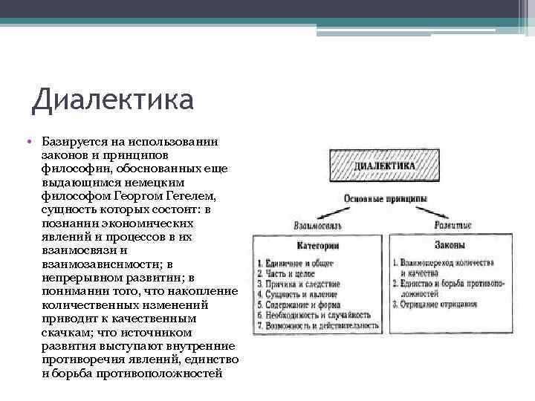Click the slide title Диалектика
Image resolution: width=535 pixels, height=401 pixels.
point(112,99)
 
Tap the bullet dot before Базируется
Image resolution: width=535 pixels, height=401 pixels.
point(26,140)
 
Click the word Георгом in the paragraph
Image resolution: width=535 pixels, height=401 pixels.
point(142,195)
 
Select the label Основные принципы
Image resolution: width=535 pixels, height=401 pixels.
point(385,198)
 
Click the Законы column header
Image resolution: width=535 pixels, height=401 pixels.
point(452,244)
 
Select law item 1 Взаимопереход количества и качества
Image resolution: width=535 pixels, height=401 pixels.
point(454,267)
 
